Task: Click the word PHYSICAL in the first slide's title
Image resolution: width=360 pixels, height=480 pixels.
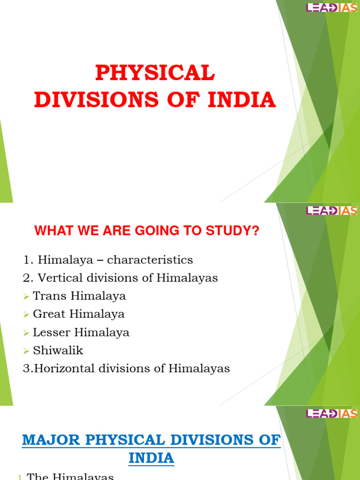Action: pyautogui.click(x=155, y=74)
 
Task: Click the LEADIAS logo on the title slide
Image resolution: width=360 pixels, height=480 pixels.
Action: pyautogui.click(x=332, y=7)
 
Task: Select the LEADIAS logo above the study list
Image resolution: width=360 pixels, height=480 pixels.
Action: pyautogui.click(x=332, y=210)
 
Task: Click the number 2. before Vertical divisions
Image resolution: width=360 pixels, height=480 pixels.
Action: pyautogui.click(x=29, y=278)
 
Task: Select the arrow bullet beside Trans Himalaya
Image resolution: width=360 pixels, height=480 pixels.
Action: pyautogui.click(x=27, y=297)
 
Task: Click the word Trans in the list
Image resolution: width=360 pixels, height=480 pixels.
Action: pyautogui.click(x=47, y=296)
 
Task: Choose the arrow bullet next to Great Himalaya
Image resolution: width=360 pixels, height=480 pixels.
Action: pyautogui.click(x=27, y=315)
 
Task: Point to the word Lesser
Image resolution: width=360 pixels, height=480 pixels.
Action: pyautogui.click(x=50, y=332)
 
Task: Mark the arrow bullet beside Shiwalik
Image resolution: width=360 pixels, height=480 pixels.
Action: pyautogui.click(x=27, y=351)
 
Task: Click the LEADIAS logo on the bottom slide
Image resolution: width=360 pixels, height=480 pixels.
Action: pyautogui.click(x=332, y=413)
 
